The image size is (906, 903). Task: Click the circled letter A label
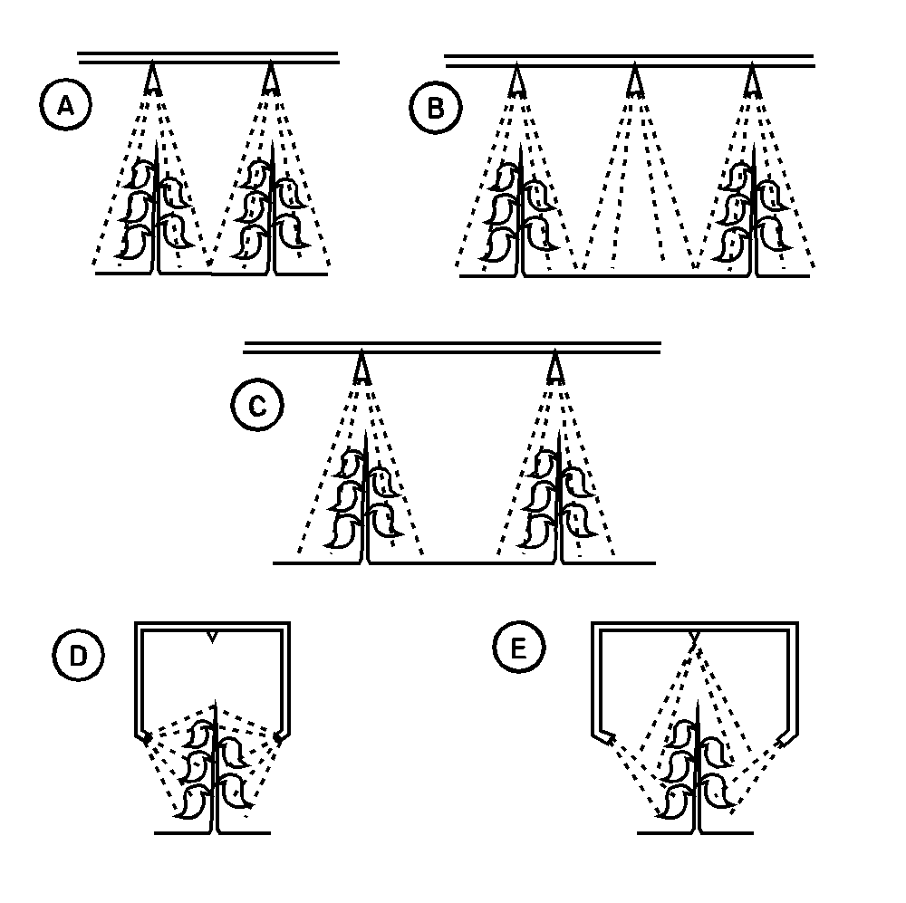coord(65,106)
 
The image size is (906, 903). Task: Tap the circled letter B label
coord(436,108)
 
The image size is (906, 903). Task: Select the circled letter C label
coord(257,405)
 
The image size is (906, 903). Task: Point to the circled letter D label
coord(79,655)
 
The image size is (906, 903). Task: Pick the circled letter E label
coord(519,647)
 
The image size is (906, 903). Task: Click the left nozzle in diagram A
coord(152,79)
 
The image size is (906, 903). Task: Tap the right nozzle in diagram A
coord(270,79)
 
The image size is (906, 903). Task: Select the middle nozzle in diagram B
coord(635,81)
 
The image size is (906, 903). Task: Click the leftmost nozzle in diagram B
coord(517,81)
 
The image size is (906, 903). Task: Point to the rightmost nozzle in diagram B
coord(752,81)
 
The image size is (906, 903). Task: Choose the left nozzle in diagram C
coord(361,368)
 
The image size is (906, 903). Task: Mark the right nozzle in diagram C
coord(554,368)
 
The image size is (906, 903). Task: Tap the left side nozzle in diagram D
coord(147,738)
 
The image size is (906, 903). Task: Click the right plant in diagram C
coord(558,497)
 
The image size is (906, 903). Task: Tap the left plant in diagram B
coord(521,210)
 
